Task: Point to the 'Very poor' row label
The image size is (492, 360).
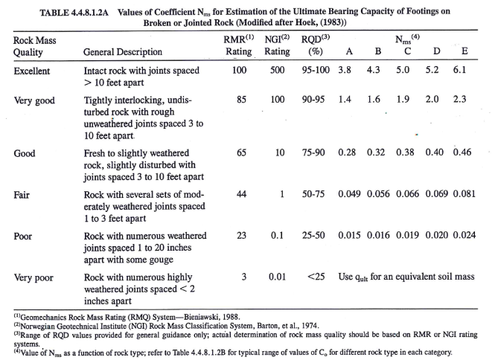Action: tap(36, 278)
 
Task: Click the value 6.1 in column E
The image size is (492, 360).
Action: tap(461, 70)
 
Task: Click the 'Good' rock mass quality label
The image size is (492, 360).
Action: tap(27, 154)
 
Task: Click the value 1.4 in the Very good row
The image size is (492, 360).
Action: tap(345, 98)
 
